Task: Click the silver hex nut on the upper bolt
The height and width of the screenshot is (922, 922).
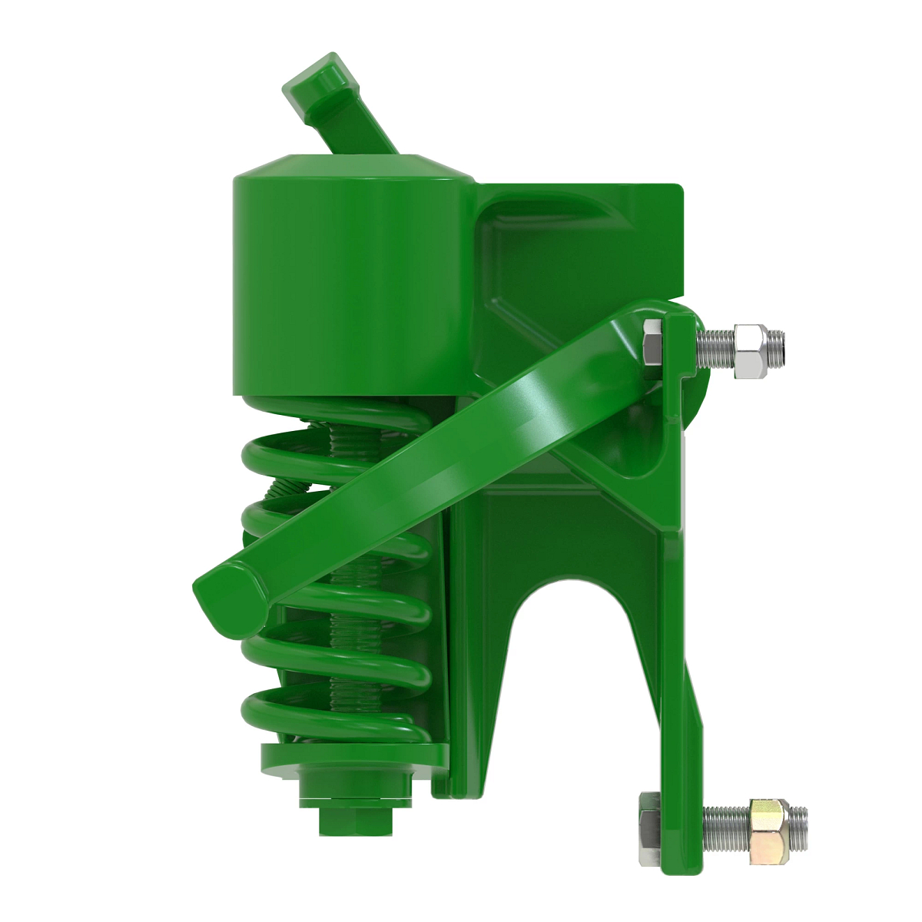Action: coord(751,351)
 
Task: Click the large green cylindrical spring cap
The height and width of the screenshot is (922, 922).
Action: coord(346,284)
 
